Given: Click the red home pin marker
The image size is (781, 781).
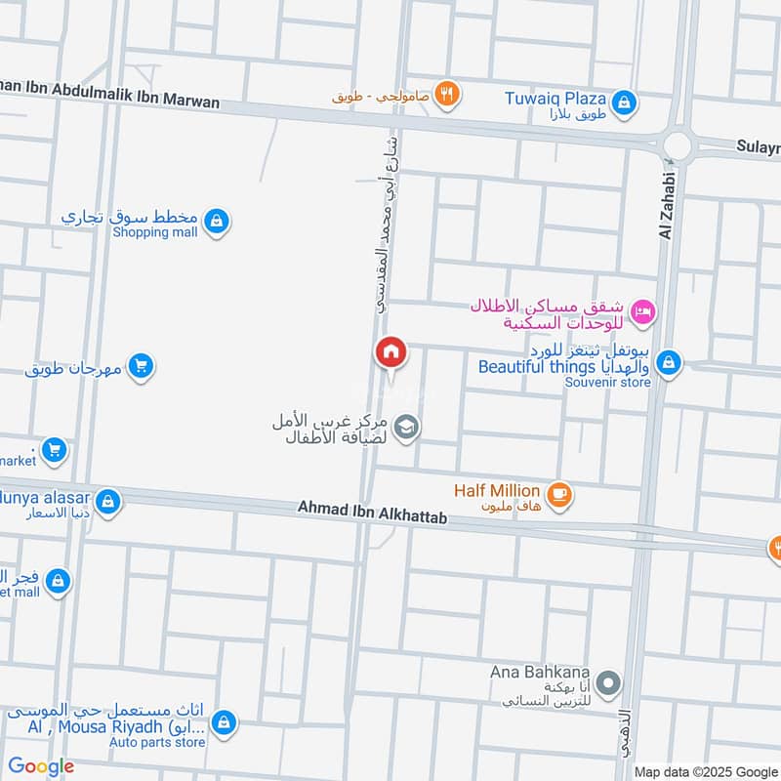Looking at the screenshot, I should click(390, 351).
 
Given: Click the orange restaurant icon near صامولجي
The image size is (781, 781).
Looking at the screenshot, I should click(448, 94).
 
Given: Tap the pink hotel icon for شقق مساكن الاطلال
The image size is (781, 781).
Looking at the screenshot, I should click(643, 312).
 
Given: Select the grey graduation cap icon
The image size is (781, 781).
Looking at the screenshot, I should click(408, 427).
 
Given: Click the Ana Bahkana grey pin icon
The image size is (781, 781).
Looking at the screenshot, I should click(608, 683).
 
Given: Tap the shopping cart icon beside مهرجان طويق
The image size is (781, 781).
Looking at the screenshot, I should click(142, 368).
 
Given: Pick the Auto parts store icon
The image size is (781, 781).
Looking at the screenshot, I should click(225, 723).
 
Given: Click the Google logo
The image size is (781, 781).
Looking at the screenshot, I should click(41, 766).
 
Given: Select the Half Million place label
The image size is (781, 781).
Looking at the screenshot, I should click(496, 490).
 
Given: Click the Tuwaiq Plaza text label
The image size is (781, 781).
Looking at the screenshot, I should click(555, 98).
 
